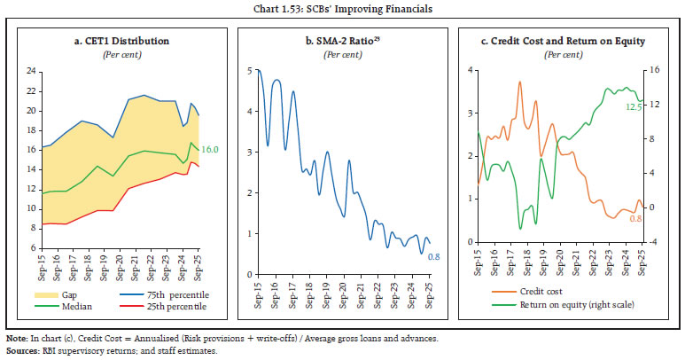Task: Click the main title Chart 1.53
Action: point(341,9)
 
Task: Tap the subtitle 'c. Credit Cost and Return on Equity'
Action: point(566,41)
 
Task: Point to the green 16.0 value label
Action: point(211,152)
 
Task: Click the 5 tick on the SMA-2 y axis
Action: point(259,71)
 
